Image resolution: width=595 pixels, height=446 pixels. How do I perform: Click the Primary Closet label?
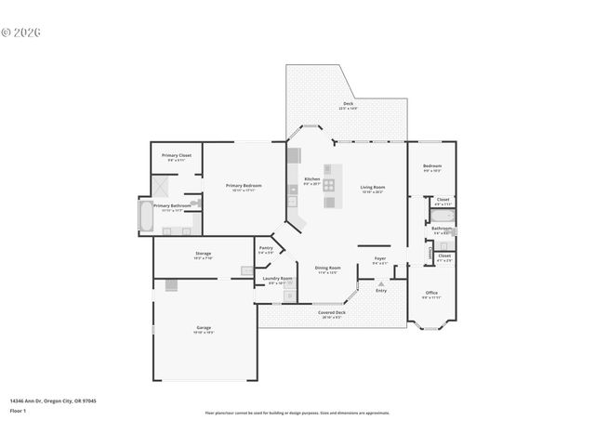(x=176, y=155)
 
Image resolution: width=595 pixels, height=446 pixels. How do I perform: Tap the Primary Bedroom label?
(x=244, y=186)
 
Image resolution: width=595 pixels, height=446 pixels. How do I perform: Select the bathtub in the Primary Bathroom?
(x=146, y=216)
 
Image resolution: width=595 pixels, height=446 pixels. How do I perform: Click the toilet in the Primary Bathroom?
(x=195, y=201)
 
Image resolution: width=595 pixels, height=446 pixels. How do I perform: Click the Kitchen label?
(x=312, y=179)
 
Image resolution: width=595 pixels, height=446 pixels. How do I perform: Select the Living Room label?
(x=373, y=188)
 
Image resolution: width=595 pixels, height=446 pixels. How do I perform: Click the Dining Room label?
(x=328, y=268)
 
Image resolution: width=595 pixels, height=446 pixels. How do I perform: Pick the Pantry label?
(x=266, y=248)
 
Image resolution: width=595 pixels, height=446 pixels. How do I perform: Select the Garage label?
(x=204, y=328)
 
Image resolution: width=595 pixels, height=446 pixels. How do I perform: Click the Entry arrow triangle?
(x=380, y=283)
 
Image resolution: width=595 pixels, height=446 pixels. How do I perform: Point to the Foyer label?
(x=380, y=258)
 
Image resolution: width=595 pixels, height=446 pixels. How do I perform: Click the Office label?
(x=431, y=293)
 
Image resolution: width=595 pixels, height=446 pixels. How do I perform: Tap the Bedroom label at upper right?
(x=432, y=166)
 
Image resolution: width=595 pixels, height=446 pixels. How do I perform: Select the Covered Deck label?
(x=332, y=312)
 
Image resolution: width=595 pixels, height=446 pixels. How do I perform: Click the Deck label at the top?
(x=349, y=104)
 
